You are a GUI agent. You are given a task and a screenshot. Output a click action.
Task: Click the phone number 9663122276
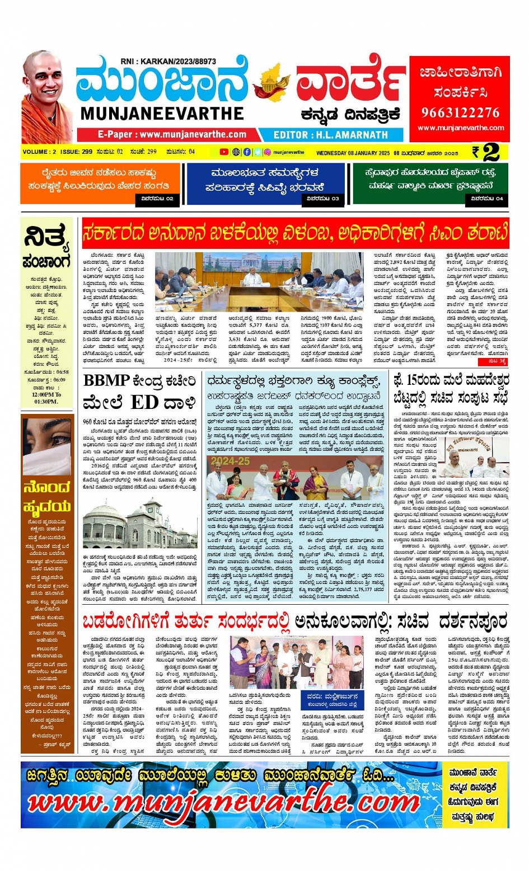(460, 113)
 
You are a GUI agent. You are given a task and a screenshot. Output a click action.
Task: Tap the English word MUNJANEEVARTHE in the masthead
(162, 114)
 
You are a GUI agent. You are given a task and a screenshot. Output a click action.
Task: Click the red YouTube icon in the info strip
(224, 152)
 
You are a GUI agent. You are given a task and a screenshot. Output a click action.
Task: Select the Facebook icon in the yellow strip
(247, 152)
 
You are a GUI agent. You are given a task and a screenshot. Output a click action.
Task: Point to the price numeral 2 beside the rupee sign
(491, 152)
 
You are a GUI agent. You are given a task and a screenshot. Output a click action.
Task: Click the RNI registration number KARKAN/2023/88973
(168, 62)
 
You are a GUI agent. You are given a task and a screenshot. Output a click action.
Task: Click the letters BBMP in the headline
(106, 381)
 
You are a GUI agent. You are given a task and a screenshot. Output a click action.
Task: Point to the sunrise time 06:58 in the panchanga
(62, 371)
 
